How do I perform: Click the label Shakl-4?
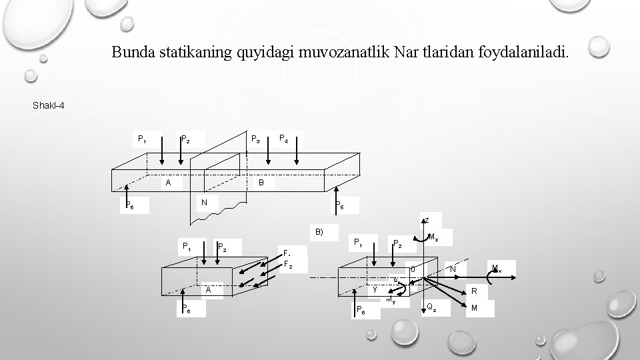pyautogui.click(x=48, y=105)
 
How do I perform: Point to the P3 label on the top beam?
pyautogui.click(x=255, y=140)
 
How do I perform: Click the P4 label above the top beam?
pyautogui.click(x=283, y=140)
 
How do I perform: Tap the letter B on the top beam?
pyautogui.click(x=261, y=182)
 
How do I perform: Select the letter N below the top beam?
pyautogui.click(x=205, y=202)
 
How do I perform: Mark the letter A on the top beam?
pyautogui.click(x=169, y=182)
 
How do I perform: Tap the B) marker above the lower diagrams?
pyautogui.click(x=319, y=232)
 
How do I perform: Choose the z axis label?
pyautogui.click(x=427, y=220)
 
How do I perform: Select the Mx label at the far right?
pyautogui.click(x=496, y=269)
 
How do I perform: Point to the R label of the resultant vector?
pyautogui.click(x=474, y=291)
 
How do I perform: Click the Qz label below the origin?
pyautogui.click(x=432, y=308)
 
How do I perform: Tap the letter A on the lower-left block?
pyautogui.click(x=209, y=290)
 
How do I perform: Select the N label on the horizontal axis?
pyautogui.click(x=453, y=269)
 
